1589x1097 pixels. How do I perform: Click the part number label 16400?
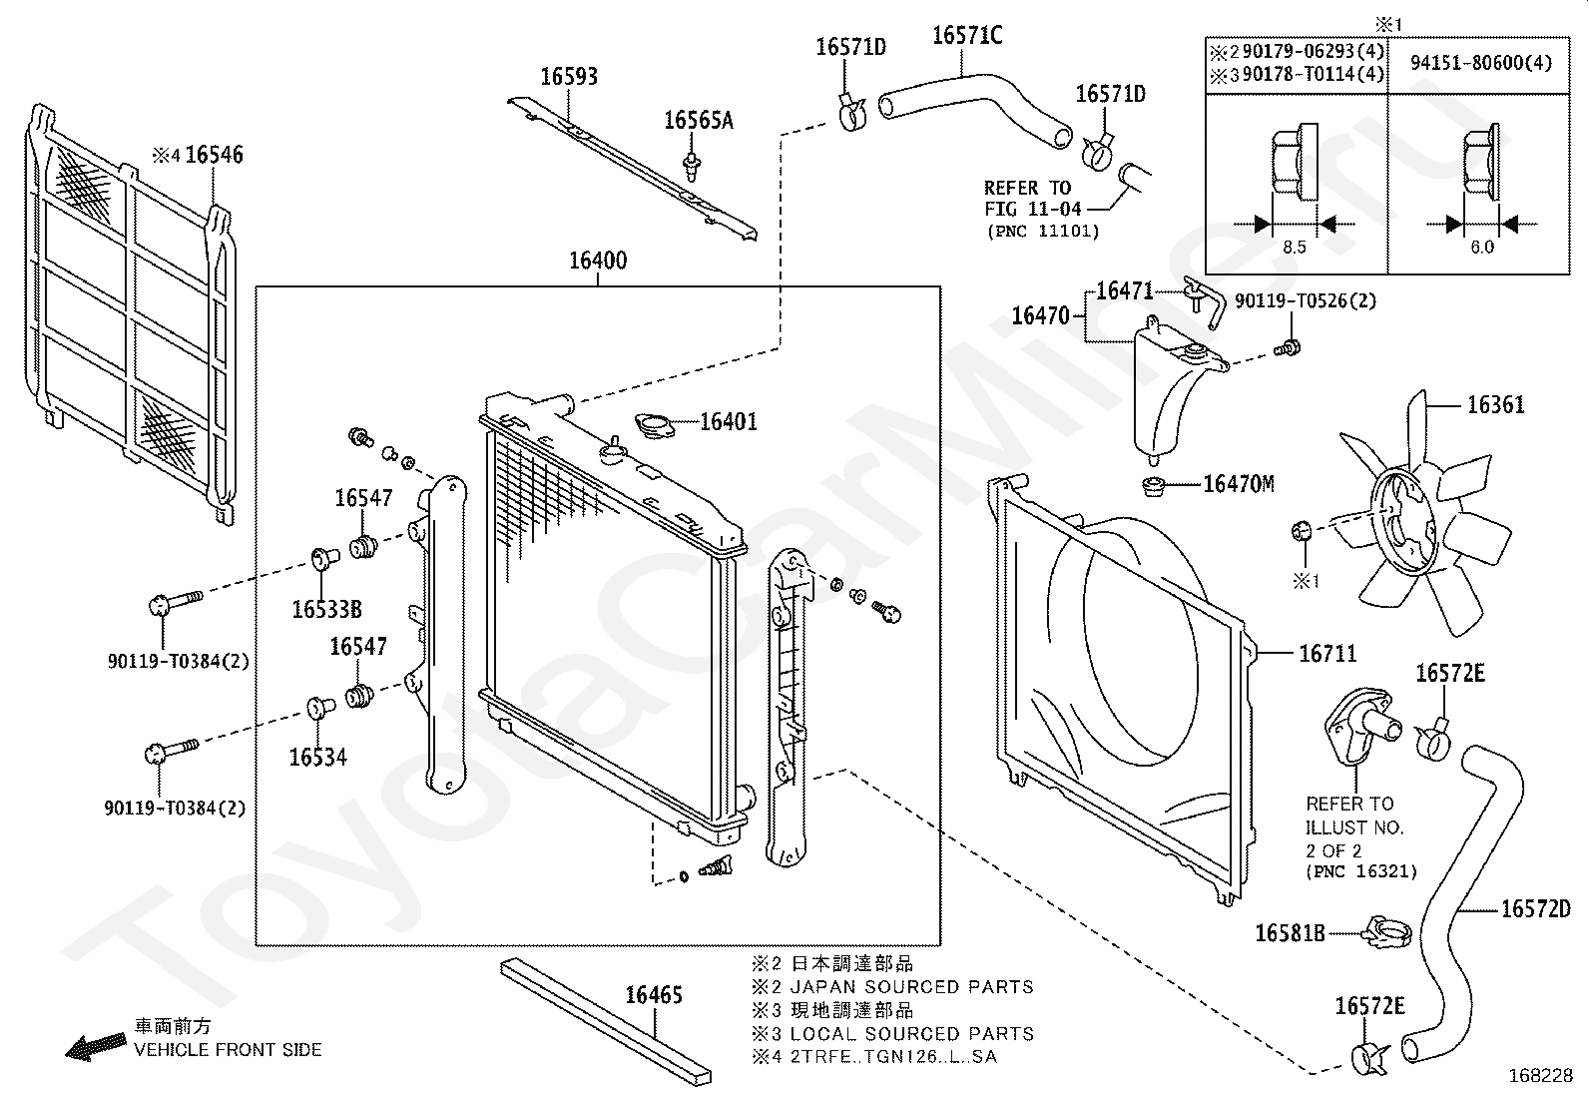tap(598, 261)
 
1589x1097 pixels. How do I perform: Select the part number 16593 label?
tap(569, 77)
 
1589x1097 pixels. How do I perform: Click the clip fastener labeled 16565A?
tap(691, 166)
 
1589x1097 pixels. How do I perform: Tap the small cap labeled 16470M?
tap(1154, 487)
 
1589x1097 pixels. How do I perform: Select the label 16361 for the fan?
tap(1495, 405)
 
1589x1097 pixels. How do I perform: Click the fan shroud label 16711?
tap(1327, 654)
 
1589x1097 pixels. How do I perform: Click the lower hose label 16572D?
tap(1536, 909)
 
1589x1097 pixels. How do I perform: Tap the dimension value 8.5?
tap(1294, 247)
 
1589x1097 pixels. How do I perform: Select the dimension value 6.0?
tap(1482, 247)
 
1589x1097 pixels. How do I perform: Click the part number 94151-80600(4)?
tap(1480, 63)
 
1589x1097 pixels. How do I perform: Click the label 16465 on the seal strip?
tap(654, 995)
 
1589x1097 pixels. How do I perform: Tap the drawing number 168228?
tap(1541, 1076)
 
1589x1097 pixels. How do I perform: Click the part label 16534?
tap(317, 757)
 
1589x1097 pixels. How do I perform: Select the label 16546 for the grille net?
tap(214, 155)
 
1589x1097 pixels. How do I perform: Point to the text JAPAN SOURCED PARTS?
tap(912, 987)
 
